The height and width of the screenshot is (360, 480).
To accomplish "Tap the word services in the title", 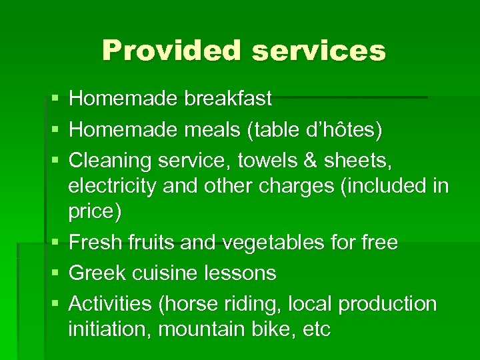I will [315, 51].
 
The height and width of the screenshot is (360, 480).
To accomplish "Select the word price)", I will [95, 211].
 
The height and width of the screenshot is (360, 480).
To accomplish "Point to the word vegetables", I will [273, 243].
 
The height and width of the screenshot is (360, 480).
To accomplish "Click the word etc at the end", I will [315, 329].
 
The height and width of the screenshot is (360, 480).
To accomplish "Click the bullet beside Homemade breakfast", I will [54, 99].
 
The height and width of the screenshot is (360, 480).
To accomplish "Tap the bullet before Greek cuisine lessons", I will [54, 273].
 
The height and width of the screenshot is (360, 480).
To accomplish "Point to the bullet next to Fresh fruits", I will [54, 243].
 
